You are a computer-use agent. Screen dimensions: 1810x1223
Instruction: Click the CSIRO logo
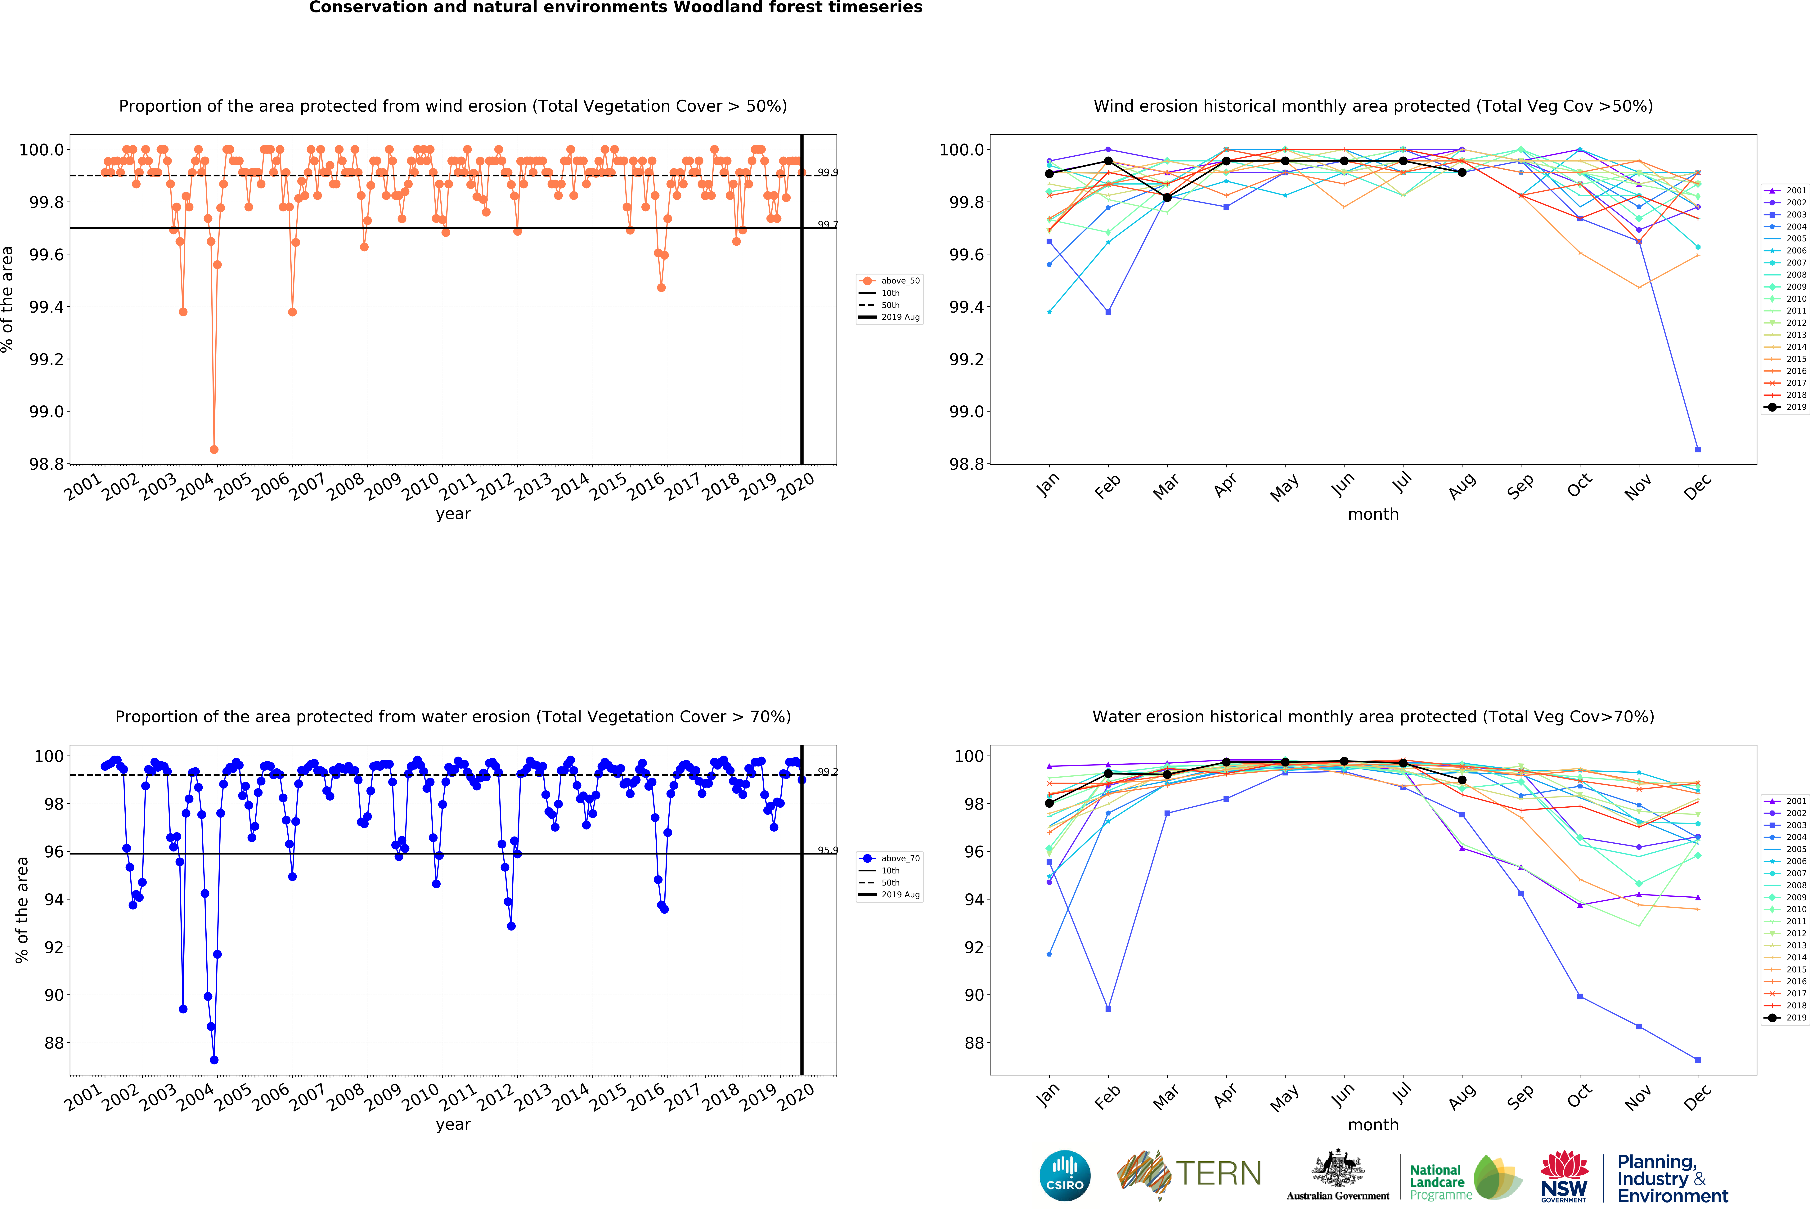1065,1176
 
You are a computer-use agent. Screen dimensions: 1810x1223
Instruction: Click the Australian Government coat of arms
1337,1168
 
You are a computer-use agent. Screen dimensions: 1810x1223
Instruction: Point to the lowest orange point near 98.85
214,449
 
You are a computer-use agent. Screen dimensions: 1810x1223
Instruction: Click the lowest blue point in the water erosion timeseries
214,1060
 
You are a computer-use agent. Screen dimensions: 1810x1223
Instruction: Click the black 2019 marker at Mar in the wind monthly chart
1167,198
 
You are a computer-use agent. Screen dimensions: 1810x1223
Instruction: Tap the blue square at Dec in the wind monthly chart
1698,449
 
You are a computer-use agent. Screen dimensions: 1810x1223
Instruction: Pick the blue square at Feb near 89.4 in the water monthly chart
1108,1009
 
